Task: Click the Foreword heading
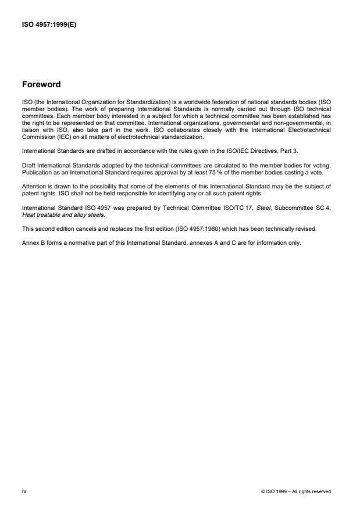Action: [x=41, y=84]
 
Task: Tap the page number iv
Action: [x=24, y=491]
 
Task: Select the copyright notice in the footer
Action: [x=297, y=491]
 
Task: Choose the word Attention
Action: [x=34, y=186]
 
